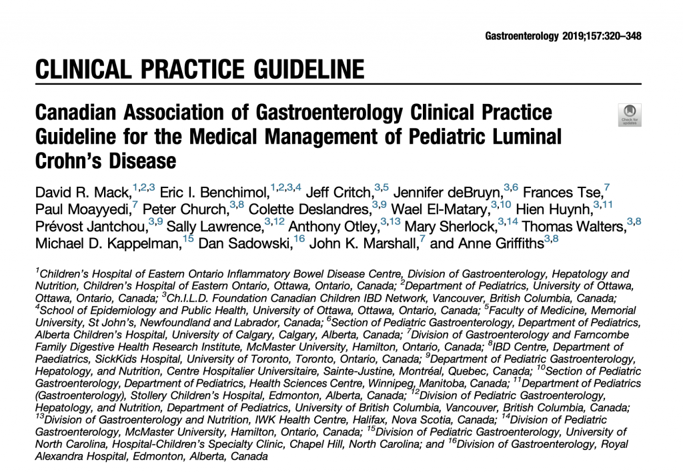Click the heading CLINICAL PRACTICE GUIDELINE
click(199, 69)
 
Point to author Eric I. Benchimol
click(215, 193)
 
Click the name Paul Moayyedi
click(83, 210)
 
